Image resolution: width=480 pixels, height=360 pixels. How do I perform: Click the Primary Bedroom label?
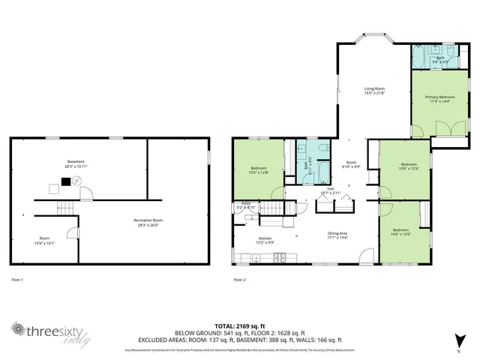[440, 97]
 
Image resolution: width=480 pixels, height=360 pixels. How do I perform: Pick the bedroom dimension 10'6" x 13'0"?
[400, 233]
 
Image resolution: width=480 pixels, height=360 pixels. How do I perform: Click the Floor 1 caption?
[18, 280]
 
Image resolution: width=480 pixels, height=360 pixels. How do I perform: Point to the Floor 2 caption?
[239, 280]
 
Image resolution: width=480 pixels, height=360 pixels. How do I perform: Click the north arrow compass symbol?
[459, 337]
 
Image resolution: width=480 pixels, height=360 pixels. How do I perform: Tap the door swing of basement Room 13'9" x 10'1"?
[71, 232]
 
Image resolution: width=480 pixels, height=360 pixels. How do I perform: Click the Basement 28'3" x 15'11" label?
[76, 163]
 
